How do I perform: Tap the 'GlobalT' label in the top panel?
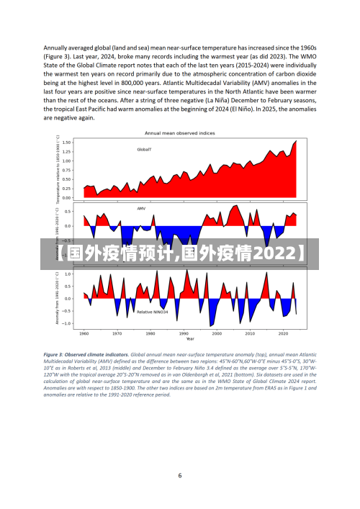pos(144,150)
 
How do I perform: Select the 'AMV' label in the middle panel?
pos(141,209)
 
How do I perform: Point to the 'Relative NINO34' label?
pos(153,312)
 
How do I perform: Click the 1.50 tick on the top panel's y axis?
pos(66,142)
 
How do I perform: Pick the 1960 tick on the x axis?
pos(84,333)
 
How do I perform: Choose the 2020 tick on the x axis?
pos(282,333)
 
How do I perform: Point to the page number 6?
pos(180,475)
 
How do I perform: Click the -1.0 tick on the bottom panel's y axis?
pos(66,323)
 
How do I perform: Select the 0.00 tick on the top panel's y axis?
pos(66,198)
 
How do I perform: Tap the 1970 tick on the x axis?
pos(117,333)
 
